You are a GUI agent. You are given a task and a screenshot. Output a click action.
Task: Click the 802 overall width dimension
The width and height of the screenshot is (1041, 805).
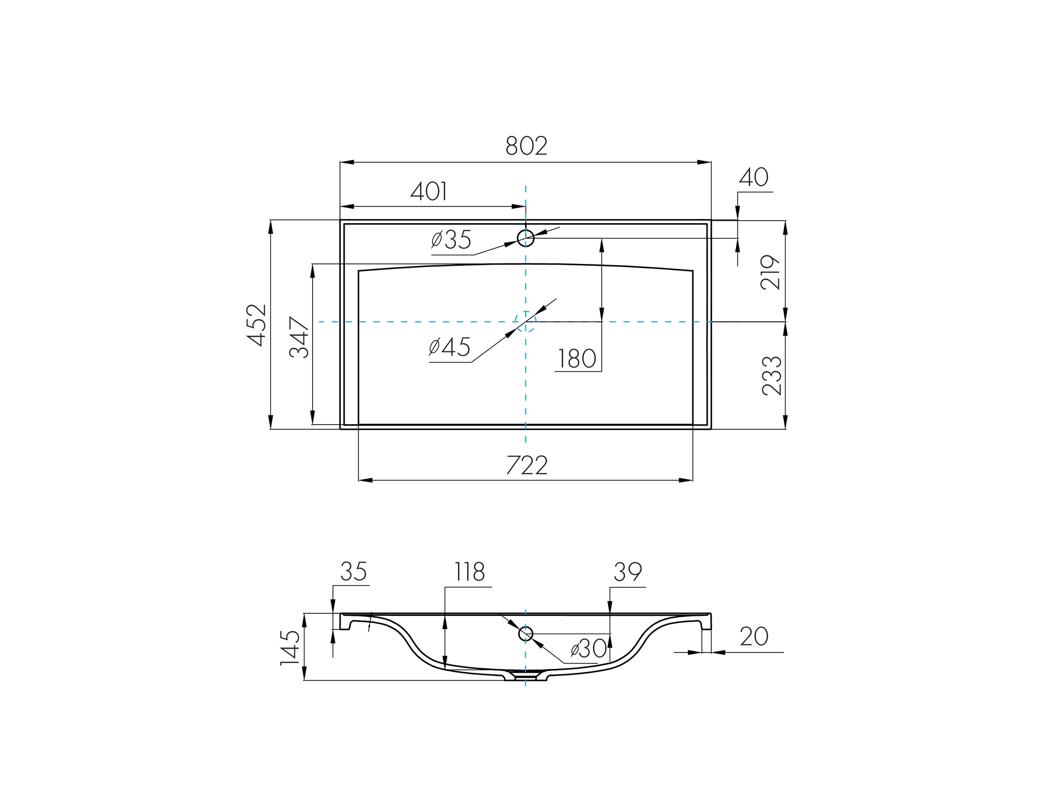(526, 146)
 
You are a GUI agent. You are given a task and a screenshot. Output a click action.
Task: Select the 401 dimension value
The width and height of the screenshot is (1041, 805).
(429, 192)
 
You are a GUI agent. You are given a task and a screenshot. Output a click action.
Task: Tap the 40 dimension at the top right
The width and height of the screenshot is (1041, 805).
(753, 177)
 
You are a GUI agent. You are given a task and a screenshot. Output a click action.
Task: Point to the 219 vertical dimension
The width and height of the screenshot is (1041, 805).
(771, 273)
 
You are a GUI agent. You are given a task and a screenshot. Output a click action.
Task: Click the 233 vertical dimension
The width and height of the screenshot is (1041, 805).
(772, 376)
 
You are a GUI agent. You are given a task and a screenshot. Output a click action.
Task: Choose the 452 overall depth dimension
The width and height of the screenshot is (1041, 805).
(257, 325)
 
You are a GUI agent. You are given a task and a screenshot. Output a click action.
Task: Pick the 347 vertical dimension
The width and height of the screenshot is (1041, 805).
(299, 337)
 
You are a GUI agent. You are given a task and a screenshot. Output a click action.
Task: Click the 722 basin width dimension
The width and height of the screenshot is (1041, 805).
(527, 465)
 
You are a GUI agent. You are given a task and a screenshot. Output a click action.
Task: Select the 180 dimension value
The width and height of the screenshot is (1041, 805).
(577, 359)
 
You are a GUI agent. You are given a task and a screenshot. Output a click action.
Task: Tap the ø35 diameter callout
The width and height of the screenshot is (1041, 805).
(451, 240)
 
